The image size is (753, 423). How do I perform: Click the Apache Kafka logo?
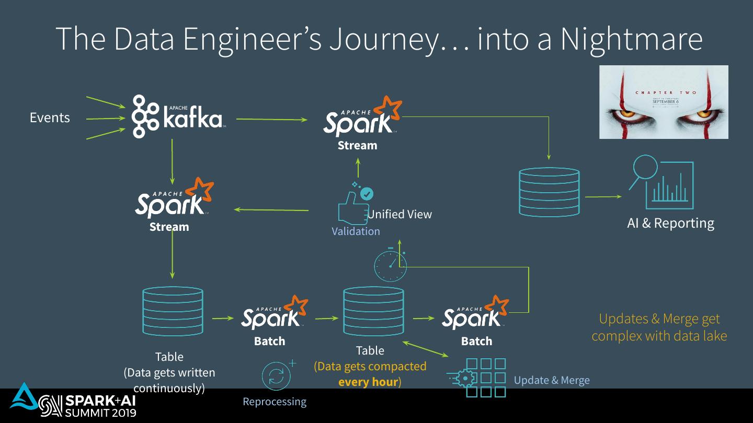pos(178,116)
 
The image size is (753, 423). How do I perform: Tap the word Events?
pos(50,118)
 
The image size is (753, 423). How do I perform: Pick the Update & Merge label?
pos(552,380)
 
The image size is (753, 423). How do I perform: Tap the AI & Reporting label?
pos(670,223)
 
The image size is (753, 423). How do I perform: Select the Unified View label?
pos(400,214)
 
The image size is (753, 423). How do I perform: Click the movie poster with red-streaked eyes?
pos(664,102)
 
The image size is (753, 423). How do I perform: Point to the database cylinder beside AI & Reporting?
pos(549,192)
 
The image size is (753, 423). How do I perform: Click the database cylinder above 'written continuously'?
pos(173,311)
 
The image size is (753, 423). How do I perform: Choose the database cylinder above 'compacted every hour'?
pos(373,311)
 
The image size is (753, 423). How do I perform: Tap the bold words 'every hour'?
pos(368,382)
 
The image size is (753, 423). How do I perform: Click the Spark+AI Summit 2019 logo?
pos(73,406)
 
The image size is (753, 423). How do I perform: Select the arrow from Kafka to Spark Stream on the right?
pos(271,119)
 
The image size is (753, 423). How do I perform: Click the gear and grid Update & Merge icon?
pos(477,378)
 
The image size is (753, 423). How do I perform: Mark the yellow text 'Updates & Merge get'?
pos(659,319)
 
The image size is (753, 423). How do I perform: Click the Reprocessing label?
pos(275,402)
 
